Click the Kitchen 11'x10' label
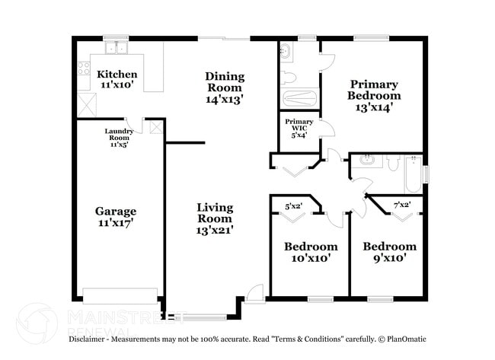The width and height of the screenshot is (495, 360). pos(117,79)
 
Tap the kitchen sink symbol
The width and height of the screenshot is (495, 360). pos(117,48)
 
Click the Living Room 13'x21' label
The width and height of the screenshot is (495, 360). pos(215,218)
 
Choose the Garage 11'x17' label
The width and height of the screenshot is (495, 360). pos(115,216)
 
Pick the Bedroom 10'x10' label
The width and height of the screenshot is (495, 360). pos(311,252)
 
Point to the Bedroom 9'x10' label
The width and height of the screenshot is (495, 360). pos(389,252)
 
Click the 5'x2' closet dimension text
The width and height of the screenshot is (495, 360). pos(293,205)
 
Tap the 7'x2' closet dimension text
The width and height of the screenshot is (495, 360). pos(402,205)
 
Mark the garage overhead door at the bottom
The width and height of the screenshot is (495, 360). pos(120,295)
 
